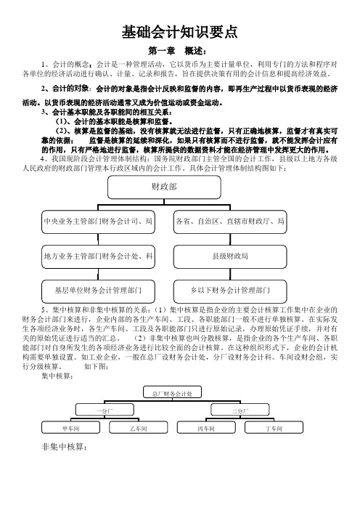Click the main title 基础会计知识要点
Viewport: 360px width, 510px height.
tap(180, 32)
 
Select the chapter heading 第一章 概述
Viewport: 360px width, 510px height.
tap(177, 51)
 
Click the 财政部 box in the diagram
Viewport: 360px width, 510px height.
tap(165, 187)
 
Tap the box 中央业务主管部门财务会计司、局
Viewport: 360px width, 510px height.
tap(98, 222)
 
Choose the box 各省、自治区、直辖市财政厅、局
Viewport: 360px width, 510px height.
tap(230, 222)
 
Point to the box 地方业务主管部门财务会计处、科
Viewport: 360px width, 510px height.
tap(98, 256)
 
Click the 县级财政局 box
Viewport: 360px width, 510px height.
tap(230, 256)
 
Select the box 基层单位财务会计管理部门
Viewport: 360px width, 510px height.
tap(98, 291)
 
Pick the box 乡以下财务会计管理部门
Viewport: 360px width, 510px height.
tap(230, 291)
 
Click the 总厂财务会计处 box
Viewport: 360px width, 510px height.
tap(172, 392)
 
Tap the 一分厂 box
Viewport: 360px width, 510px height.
tap(105, 410)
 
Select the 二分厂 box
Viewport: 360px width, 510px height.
tap(240, 410)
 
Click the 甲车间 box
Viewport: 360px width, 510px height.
tap(71, 427)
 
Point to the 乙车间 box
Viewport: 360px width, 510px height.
tap(139, 427)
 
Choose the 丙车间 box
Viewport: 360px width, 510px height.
tap(206, 427)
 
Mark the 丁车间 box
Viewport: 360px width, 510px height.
tap(274, 427)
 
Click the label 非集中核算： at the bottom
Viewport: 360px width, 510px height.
tap(64, 447)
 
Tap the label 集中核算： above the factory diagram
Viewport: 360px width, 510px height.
tap(57, 376)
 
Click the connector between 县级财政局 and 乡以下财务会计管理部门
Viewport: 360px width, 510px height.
tap(230, 274)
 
